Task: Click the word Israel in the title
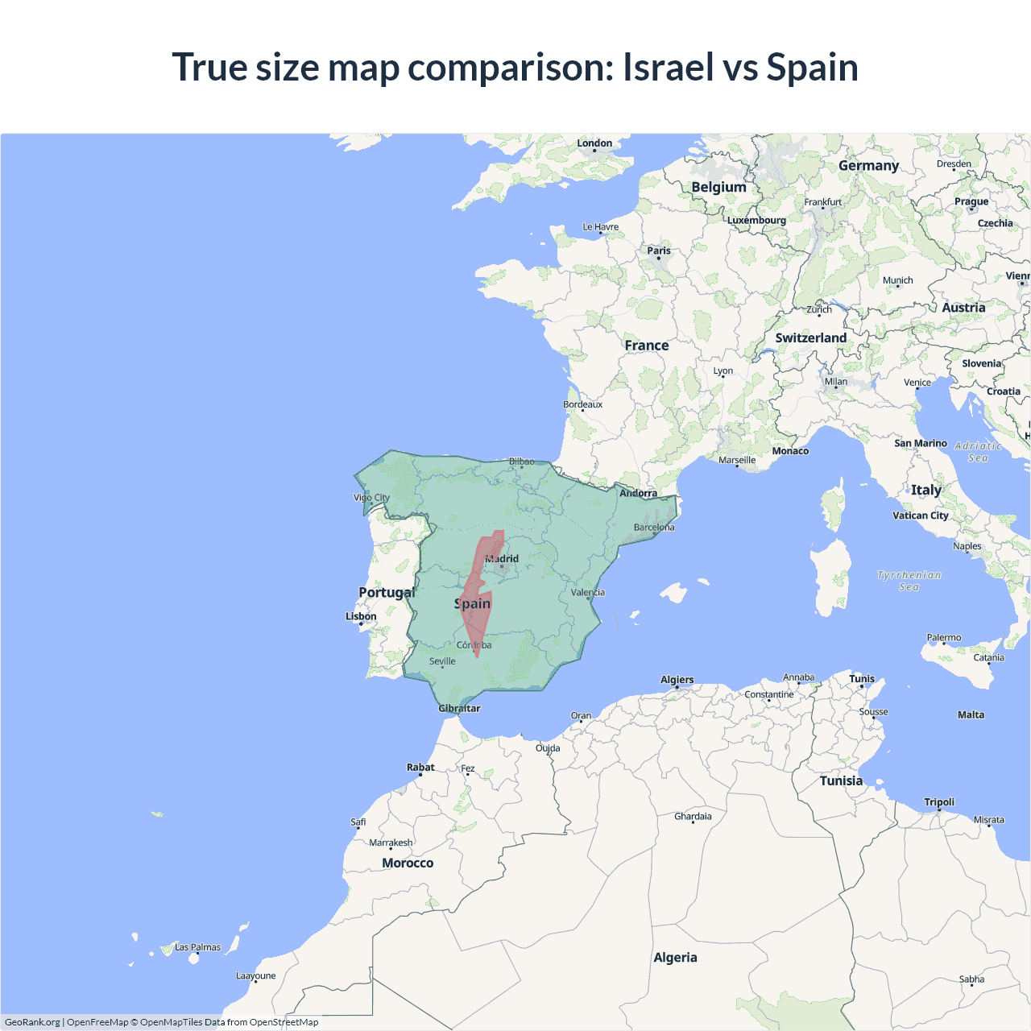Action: click(668, 67)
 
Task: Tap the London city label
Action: click(594, 143)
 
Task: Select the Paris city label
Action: click(659, 251)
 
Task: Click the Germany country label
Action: click(868, 165)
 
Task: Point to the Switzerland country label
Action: click(810, 337)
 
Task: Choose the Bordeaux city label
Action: click(582, 404)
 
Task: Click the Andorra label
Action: click(638, 493)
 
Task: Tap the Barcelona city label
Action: click(654, 528)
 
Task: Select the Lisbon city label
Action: click(361, 616)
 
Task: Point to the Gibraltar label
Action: click(459, 709)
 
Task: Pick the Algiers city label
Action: click(677, 680)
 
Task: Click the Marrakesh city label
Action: click(391, 843)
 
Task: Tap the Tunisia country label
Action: click(841, 780)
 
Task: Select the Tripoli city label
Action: click(939, 802)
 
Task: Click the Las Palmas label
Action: click(197, 947)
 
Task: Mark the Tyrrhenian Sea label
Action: click(909, 581)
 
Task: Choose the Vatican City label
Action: click(920, 515)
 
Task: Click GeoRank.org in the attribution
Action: click(32, 1022)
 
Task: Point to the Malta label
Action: click(971, 714)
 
